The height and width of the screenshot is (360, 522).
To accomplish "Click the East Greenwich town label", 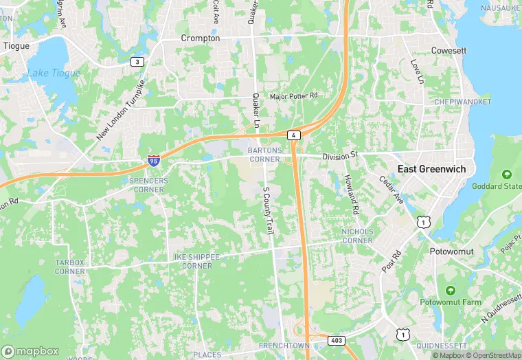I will [431, 169].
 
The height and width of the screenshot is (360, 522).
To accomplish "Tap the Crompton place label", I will [200, 38].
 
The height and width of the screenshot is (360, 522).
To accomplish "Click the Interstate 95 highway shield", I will [154, 161].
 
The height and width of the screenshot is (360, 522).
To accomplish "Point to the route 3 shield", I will [137, 62].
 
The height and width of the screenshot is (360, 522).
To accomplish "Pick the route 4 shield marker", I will [293, 135].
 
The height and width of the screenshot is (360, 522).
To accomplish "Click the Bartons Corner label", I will [264, 155].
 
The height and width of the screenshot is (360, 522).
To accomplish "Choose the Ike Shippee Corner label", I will [193, 262].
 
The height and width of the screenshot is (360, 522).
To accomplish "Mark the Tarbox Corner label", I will [69, 267].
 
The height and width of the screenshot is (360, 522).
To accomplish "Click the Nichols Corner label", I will [357, 236].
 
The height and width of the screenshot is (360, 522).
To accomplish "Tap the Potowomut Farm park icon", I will [451, 291].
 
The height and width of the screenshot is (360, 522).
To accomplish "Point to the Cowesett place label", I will [449, 50].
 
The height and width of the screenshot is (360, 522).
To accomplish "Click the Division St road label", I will [341, 156].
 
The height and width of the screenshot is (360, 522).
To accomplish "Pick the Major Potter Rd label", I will [294, 96].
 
